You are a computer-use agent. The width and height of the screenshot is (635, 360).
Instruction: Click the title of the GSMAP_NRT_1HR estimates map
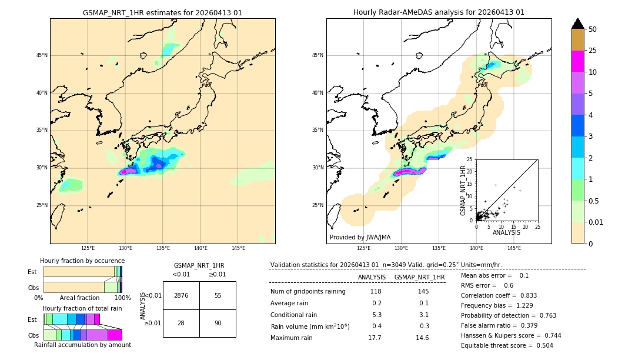point(162,12)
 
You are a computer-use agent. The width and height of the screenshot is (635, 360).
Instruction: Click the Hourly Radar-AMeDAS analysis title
point(439,12)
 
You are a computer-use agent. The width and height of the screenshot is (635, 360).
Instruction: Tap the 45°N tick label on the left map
point(42,55)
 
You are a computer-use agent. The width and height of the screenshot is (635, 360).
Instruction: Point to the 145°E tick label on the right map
point(514,248)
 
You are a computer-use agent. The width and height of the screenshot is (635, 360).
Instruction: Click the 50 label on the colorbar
point(593,29)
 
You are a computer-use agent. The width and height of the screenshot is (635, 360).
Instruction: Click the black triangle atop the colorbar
point(578,24)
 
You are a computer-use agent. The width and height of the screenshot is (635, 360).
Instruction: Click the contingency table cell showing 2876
point(181,295)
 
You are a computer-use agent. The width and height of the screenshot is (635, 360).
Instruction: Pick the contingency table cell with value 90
point(218,323)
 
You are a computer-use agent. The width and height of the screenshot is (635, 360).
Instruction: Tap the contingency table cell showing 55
point(218,295)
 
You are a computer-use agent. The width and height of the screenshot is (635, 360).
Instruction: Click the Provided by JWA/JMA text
point(360,237)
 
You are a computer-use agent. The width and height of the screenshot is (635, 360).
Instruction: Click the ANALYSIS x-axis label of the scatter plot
point(506,232)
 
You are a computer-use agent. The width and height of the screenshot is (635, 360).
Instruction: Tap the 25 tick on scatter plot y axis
point(469,159)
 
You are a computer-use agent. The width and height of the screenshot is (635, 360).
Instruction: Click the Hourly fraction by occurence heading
point(82,261)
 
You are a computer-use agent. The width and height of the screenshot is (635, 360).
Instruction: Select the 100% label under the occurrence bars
point(122,298)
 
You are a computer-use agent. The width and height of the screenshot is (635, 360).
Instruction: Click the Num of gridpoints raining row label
point(308,291)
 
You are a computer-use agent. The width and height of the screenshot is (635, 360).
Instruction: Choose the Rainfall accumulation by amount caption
point(82,345)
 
